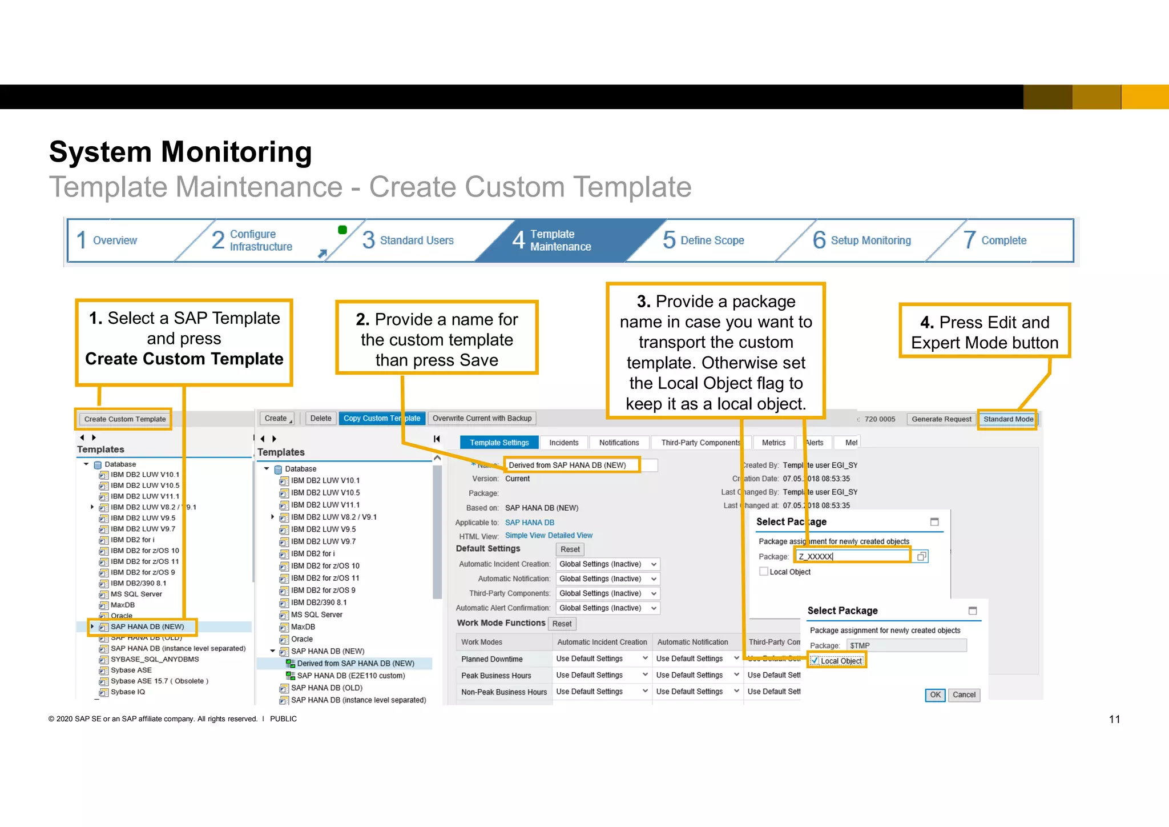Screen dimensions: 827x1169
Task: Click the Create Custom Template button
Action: (x=125, y=419)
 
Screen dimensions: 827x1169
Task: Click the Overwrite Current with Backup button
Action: (x=482, y=419)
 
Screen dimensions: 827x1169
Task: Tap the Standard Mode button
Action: (x=1007, y=419)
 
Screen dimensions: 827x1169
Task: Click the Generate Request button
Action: (x=941, y=419)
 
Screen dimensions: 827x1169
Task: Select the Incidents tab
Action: (x=563, y=443)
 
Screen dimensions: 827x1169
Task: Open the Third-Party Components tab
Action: (x=700, y=443)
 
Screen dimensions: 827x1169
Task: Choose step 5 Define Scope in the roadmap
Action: (x=712, y=240)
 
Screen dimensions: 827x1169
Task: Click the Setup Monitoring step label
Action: (x=870, y=240)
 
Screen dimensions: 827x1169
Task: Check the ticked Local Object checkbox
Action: (x=815, y=661)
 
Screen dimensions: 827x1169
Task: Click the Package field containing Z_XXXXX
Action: (x=852, y=556)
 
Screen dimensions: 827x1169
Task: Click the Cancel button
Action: (x=964, y=695)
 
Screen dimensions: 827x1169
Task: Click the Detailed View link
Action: (x=570, y=536)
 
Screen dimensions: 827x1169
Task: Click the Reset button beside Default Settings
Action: (x=570, y=549)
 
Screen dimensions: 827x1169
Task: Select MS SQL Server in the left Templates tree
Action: (x=136, y=594)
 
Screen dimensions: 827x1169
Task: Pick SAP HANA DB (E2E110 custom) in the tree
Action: (x=350, y=676)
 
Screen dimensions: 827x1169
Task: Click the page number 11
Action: (x=1114, y=720)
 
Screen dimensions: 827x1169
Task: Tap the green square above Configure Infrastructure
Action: (x=342, y=230)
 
